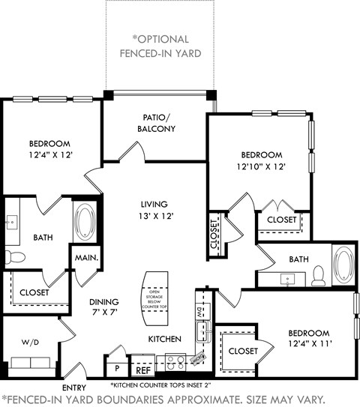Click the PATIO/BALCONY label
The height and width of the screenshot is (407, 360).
pos(158,123)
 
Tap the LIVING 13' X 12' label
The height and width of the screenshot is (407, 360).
pos(154,211)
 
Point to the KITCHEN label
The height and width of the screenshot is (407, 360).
pos(165,339)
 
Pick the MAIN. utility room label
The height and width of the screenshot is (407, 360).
pos(82,257)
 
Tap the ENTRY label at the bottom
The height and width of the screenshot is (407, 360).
pos(73,388)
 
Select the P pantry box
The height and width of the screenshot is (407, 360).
pos(117,369)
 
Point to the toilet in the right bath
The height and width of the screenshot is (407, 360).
pos(318,275)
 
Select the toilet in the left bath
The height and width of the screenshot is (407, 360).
pos(14,257)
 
